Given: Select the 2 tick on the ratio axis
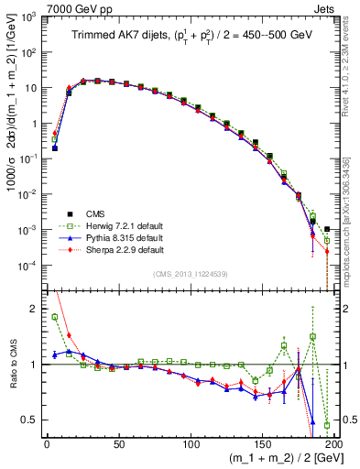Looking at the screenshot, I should (x=35, y=309).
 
